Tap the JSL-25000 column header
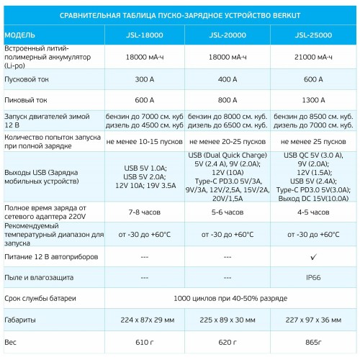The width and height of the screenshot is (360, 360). pos(312,35)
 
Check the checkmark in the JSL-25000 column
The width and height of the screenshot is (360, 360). pos(312,256)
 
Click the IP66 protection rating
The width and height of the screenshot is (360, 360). pos(312,276)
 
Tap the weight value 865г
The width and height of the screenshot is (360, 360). pos(312,342)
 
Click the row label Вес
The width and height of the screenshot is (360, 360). pos(11,342)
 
